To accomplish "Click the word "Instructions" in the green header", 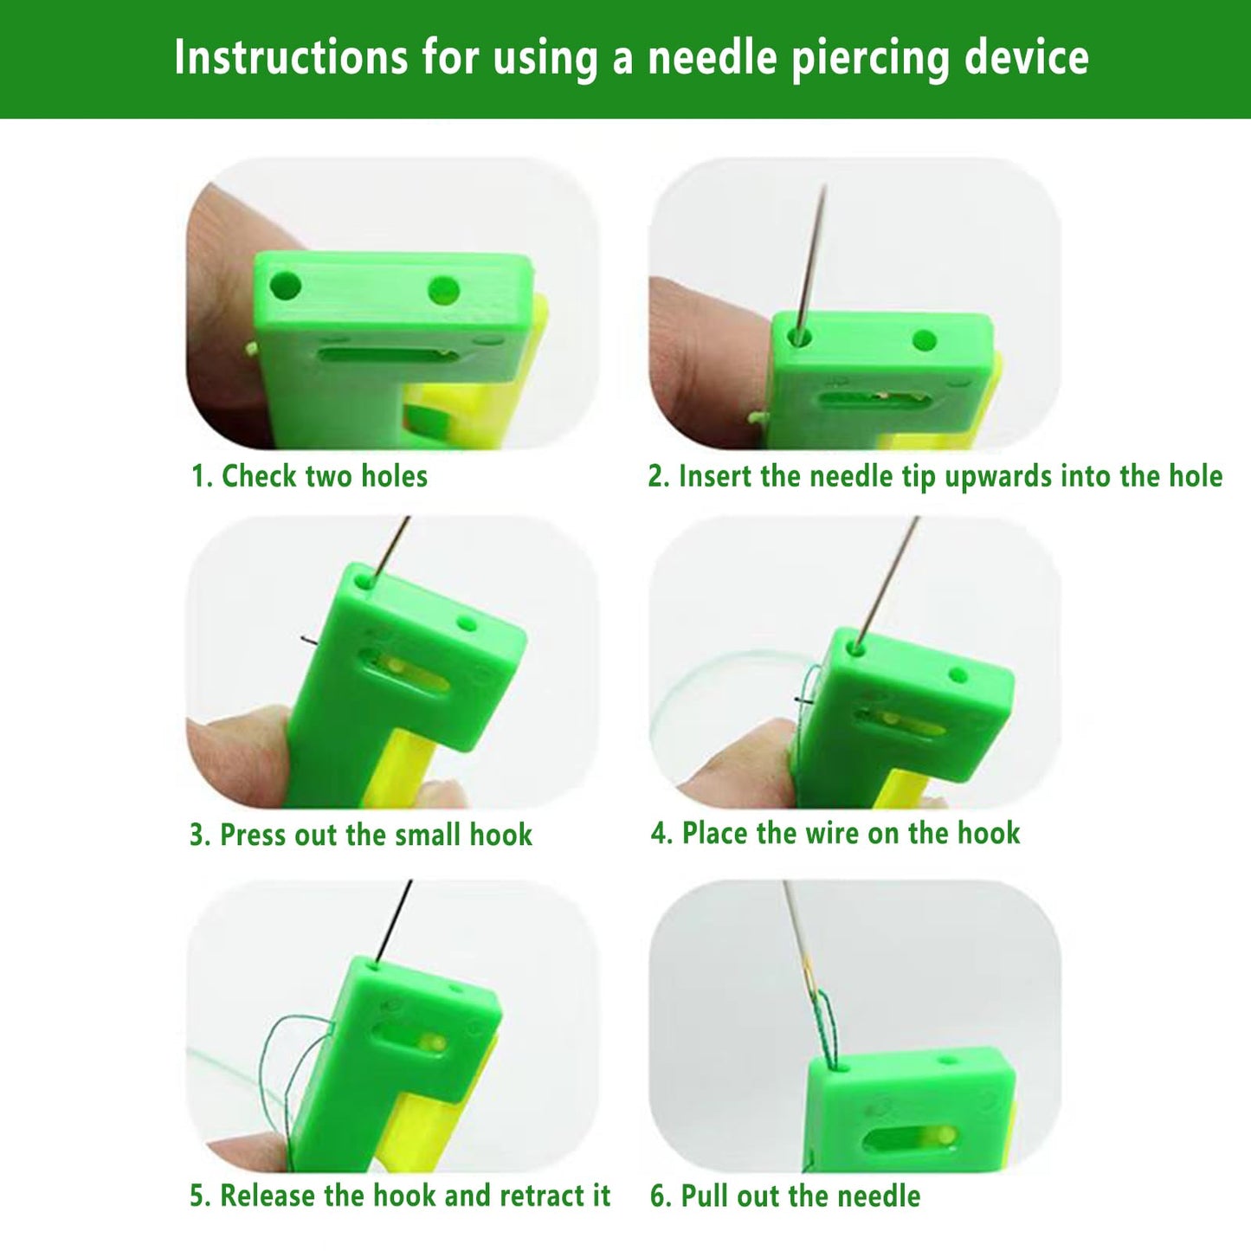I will coord(290,59).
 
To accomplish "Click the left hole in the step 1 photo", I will coord(285,284).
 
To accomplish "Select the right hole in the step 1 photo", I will coord(444,290).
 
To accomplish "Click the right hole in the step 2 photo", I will coord(925,340).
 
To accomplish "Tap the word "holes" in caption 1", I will coord(394,476).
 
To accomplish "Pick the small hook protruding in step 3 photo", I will coord(309,641).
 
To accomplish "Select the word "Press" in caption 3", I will coord(254,835).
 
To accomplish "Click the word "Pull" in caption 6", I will coord(706,1196).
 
